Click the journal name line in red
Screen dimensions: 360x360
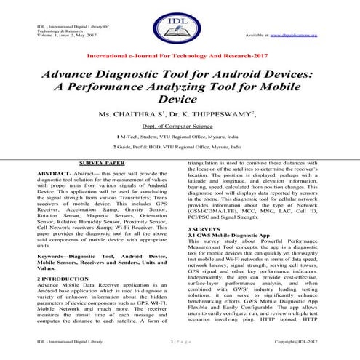coord(180,55)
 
